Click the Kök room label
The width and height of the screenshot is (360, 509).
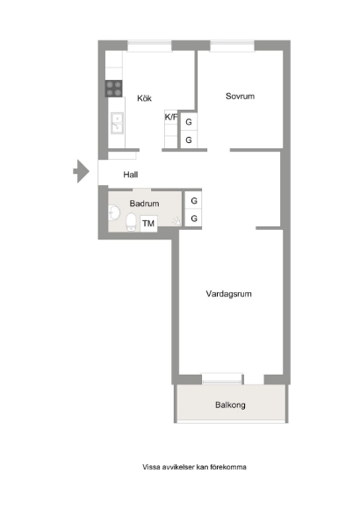coord(144,98)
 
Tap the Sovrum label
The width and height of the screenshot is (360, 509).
coord(240,96)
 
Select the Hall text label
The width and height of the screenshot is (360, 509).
coord(131,175)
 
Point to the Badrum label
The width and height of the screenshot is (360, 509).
coord(144,204)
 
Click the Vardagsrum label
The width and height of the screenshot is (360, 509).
coord(229,294)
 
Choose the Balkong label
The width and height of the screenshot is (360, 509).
coord(230,405)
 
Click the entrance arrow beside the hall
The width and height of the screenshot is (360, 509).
coord(81,171)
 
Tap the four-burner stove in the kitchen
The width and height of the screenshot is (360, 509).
coord(114,89)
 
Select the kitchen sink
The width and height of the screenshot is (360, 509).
coord(117,123)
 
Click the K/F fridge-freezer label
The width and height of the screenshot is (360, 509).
coord(171,117)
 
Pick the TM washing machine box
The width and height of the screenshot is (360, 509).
coord(148,223)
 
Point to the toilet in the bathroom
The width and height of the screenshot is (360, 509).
coord(131,222)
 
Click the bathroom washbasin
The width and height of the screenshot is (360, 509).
coord(114,213)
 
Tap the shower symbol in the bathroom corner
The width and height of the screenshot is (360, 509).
coord(177,221)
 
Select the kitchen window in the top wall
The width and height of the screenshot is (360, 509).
coord(149,46)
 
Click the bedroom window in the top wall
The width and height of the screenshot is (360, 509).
coord(232,46)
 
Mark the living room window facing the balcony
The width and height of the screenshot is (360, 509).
coord(222,378)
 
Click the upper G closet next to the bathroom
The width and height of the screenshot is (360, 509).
coord(194,201)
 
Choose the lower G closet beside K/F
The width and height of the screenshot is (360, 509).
coord(189,140)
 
